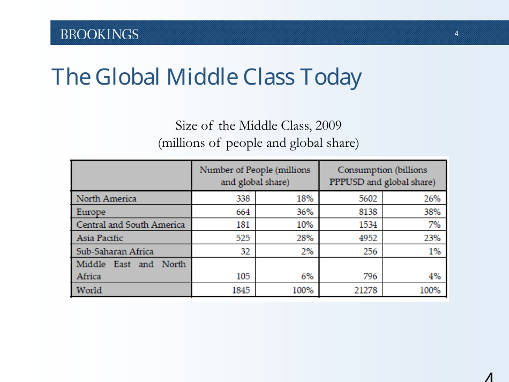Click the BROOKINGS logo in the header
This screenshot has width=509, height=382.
click(99, 34)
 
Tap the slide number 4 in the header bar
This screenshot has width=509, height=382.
click(456, 34)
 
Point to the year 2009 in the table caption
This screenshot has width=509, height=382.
click(328, 125)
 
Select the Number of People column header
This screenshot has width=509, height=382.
click(255, 176)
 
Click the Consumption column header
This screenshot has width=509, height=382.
click(383, 176)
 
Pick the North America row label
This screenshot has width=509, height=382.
click(107, 199)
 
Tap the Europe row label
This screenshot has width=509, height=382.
click(91, 212)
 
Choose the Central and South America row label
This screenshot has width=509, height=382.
click(130, 225)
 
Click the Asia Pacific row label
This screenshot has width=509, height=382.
click(100, 238)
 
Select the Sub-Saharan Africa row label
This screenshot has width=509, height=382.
click(115, 251)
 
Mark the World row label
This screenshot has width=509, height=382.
click(89, 290)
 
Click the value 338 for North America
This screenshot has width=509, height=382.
click(243, 199)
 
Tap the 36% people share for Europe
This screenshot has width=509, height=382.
click(305, 212)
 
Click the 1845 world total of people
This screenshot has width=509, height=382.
click(241, 290)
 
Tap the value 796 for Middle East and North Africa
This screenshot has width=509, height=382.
click(370, 276)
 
